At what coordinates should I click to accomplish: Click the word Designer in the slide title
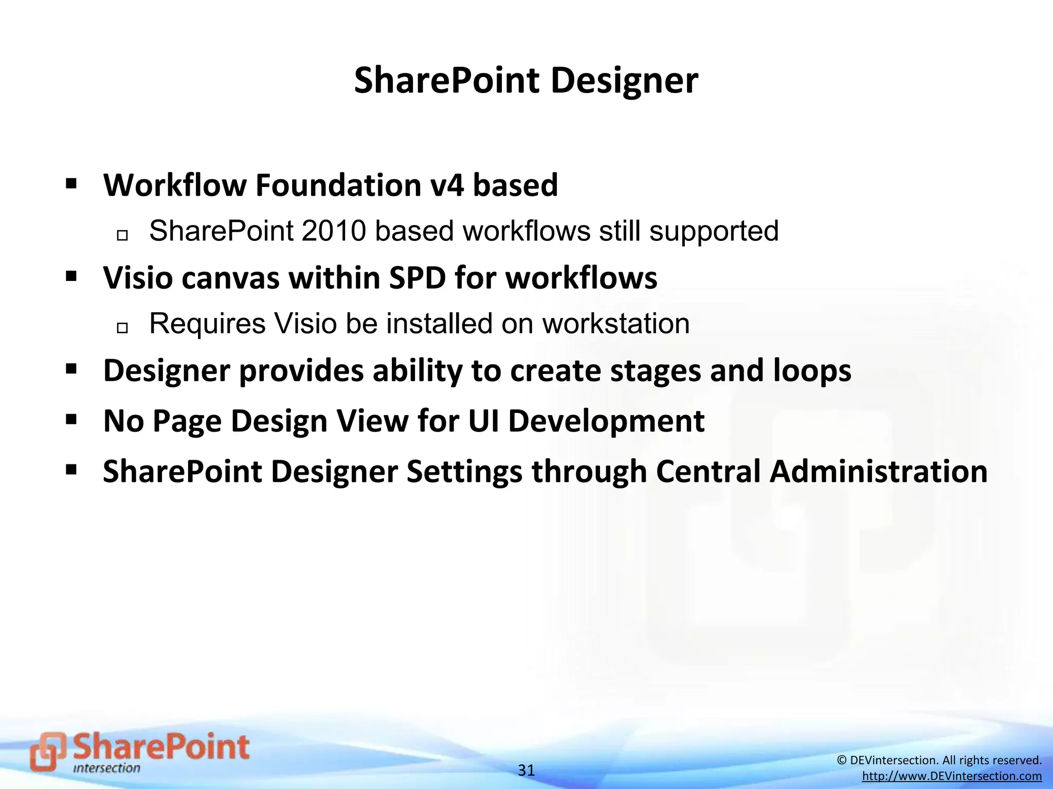coord(624,81)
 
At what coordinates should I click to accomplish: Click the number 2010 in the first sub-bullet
coord(333,231)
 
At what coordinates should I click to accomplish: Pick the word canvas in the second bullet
coord(230,278)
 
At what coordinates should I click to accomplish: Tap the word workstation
coord(616,324)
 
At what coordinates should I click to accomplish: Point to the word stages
coord(655,371)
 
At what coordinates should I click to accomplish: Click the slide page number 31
coord(526,770)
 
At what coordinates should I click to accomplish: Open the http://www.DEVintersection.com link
coord(952,776)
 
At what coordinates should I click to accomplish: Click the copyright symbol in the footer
coord(842,760)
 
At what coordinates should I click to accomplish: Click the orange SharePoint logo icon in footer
coord(48,751)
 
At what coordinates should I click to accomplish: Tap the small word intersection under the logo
coord(106,768)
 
